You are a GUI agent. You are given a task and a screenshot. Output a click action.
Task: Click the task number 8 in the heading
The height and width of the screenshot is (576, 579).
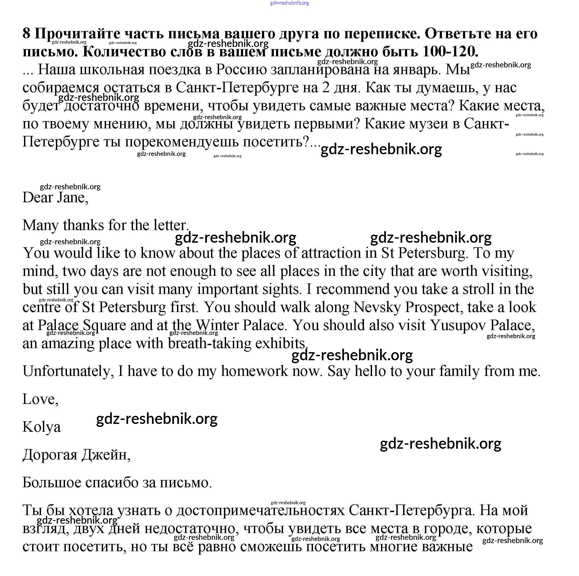[x=26, y=33]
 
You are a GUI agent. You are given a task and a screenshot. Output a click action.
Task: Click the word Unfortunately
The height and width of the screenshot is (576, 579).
[x=68, y=371]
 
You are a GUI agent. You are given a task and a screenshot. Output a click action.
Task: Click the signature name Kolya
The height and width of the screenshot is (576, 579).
[x=42, y=427]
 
